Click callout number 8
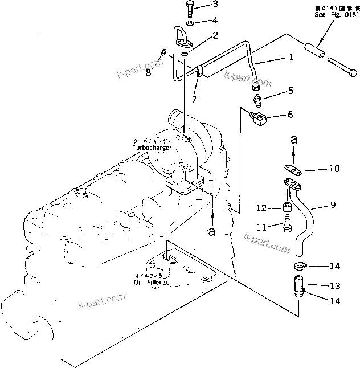point(148,72)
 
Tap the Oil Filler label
point(149,280)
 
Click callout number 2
point(215,35)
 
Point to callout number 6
point(290,115)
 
